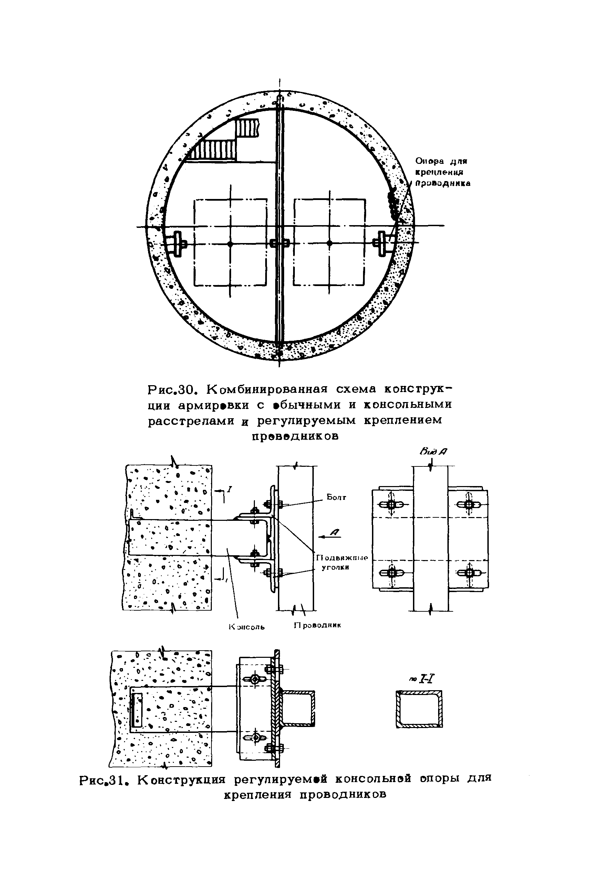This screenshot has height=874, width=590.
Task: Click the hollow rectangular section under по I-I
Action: pyautogui.click(x=419, y=709)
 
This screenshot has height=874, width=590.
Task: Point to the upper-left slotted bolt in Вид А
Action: pyautogui.click(x=391, y=505)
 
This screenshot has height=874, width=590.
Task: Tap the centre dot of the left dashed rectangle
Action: pyautogui.click(x=230, y=244)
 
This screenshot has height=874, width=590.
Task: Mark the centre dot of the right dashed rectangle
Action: pyautogui.click(x=330, y=243)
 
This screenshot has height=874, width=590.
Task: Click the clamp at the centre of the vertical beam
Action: pyautogui.click(x=279, y=243)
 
